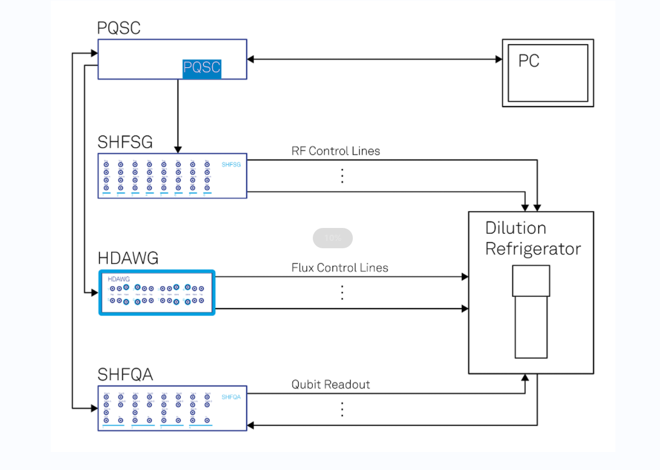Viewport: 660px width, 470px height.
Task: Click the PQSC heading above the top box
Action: tap(119, 28)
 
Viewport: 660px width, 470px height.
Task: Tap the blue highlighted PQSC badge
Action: tap(202, 68)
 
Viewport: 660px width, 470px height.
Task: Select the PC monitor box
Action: tap(548, 73)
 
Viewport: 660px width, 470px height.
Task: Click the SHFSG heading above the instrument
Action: tap(125, 142)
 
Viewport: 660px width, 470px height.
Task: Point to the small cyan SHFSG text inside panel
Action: tap(231, 165)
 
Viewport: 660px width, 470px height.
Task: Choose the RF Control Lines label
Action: tap(335, 151)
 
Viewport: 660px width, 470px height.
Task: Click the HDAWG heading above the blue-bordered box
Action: tap(128, 258)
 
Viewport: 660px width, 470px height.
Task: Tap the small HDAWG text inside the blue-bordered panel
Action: tap(119, 279)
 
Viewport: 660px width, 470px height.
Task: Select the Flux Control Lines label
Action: tap(339, 267)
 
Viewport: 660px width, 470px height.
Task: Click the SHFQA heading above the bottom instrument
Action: tap(125, 375)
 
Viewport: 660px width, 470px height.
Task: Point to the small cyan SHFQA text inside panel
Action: tap(231, 397)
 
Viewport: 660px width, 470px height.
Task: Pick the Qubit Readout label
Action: tap(330, 385)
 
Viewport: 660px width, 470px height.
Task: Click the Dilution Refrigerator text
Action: tap(532, 238)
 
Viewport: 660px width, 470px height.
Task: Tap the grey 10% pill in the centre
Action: tap(333, 238)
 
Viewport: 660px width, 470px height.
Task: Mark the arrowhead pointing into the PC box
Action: tap(499, 59)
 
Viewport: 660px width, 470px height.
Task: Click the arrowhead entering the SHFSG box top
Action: tap(178, 150)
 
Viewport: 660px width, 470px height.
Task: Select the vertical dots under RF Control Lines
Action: tap(342, 176)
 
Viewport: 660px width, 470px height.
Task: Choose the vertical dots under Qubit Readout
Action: tap(342, 409)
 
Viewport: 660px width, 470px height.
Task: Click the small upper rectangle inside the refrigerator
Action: tap(531, 281)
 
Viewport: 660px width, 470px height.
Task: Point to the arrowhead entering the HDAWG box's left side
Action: tap(94, 292)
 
